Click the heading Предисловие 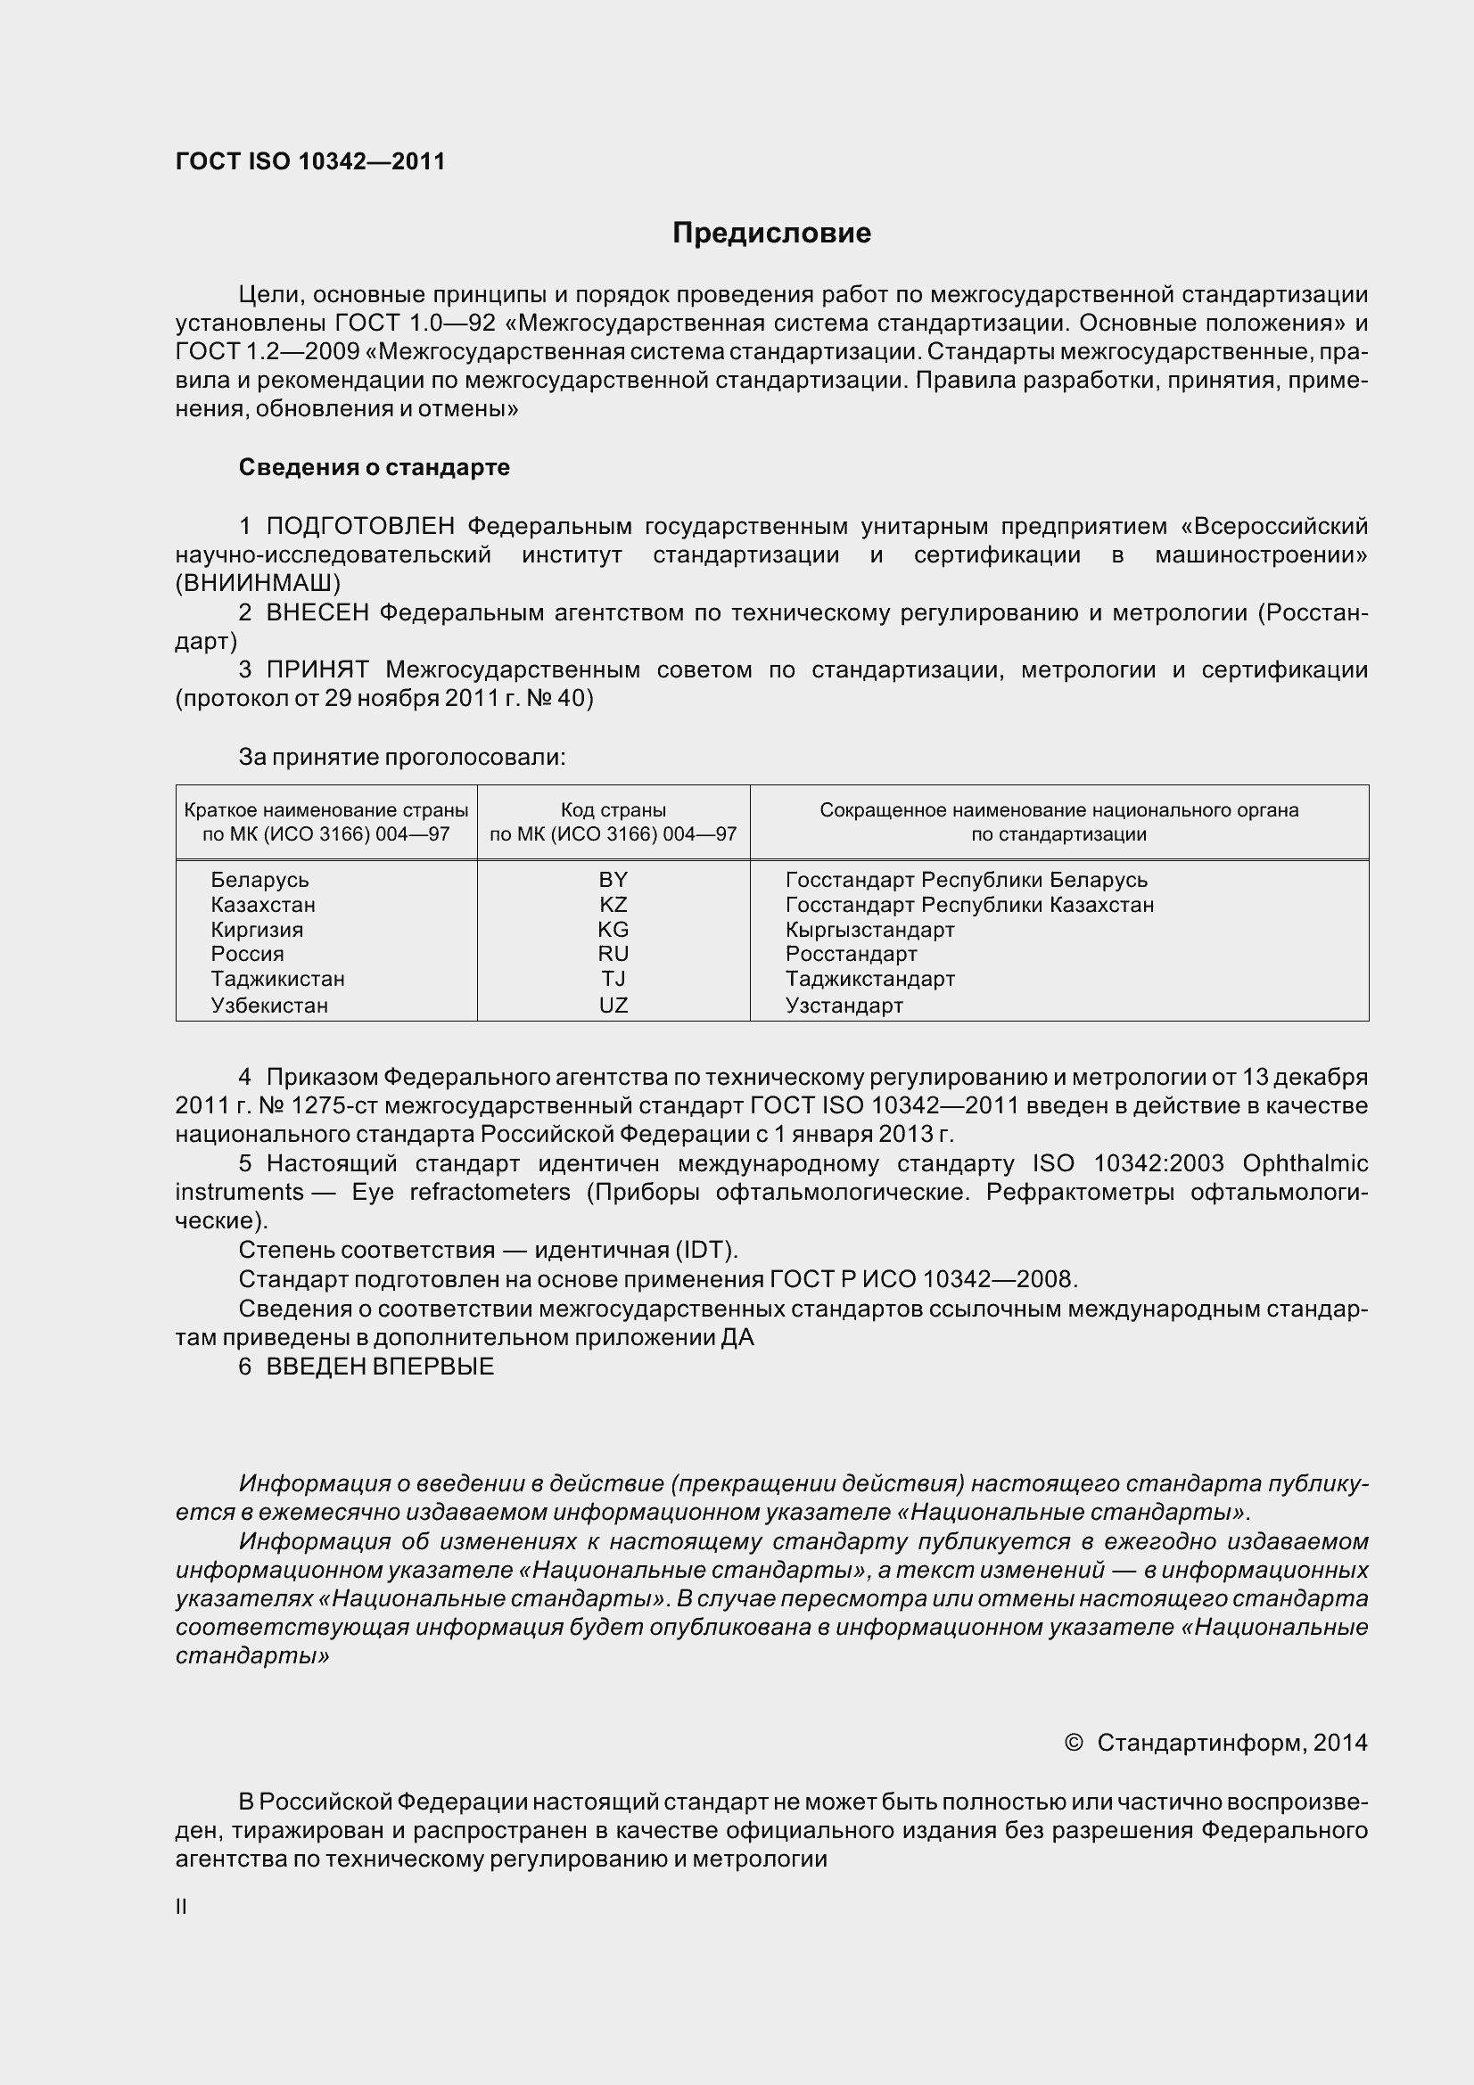(771, 234)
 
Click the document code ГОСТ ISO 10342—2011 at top (310, 161)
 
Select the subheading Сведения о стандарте (375, 467)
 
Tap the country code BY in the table (613, 879)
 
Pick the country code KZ (613, 905)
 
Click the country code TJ (613, 978)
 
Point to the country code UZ (613, 1005)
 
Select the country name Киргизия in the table (257, 929)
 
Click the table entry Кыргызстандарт (869, 929)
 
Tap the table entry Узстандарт (844, 1005)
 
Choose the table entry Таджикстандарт (869, 978)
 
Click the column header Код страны (613, 809)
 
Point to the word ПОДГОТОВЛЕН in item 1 (360, 526)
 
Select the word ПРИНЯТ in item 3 (317, 669)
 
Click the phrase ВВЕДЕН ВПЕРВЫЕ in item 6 (380, 1366)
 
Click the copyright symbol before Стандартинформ (1073, 1742)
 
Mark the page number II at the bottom (181, 1906)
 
